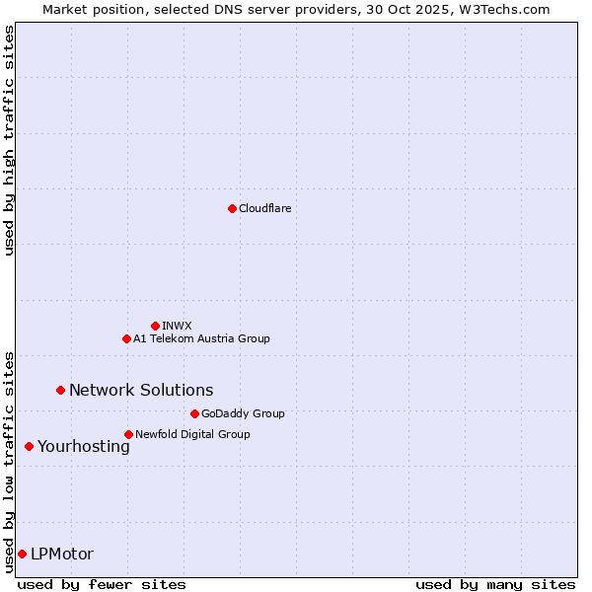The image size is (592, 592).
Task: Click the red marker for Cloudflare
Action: point(232,208)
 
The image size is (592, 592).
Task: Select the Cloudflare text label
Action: point(264,208)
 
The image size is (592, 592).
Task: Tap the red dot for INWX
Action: point(155,326)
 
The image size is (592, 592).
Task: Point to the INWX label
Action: point(177,326)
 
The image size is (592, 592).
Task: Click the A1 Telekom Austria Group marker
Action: point(126,338)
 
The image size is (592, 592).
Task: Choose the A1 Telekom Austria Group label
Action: point(201,338)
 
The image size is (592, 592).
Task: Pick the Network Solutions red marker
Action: point(60,390)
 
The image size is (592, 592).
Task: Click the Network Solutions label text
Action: point(141,390)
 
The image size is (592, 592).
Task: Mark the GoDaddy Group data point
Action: point(194,413)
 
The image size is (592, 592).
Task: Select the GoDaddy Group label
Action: point(243,413)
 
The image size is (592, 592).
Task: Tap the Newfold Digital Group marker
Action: point(128,434)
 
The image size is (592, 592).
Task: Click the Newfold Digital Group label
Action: point(192,434)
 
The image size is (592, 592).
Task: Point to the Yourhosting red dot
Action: point(29,446)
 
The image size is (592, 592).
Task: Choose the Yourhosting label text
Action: point(83,446)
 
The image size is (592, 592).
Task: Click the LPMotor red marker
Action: point(22,554)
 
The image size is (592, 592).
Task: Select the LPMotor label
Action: point(62,554)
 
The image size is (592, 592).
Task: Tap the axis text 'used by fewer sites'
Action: point(102,584)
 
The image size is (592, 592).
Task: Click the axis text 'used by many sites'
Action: point(495,584)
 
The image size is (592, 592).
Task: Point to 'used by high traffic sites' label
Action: point(9,140)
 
